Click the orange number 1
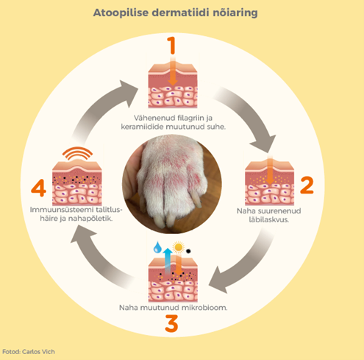(172, 46)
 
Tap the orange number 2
(307, 185)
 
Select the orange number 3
(171, 323)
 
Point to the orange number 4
(39, 188)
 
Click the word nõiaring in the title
(235, 13)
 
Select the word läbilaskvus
(269, 219)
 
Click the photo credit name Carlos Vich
(38, 352)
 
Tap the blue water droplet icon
(157, 247)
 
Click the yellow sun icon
(178, 247)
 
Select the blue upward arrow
(168, 261)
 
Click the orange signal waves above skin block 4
(77, 152)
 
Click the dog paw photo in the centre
(172, 184)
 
